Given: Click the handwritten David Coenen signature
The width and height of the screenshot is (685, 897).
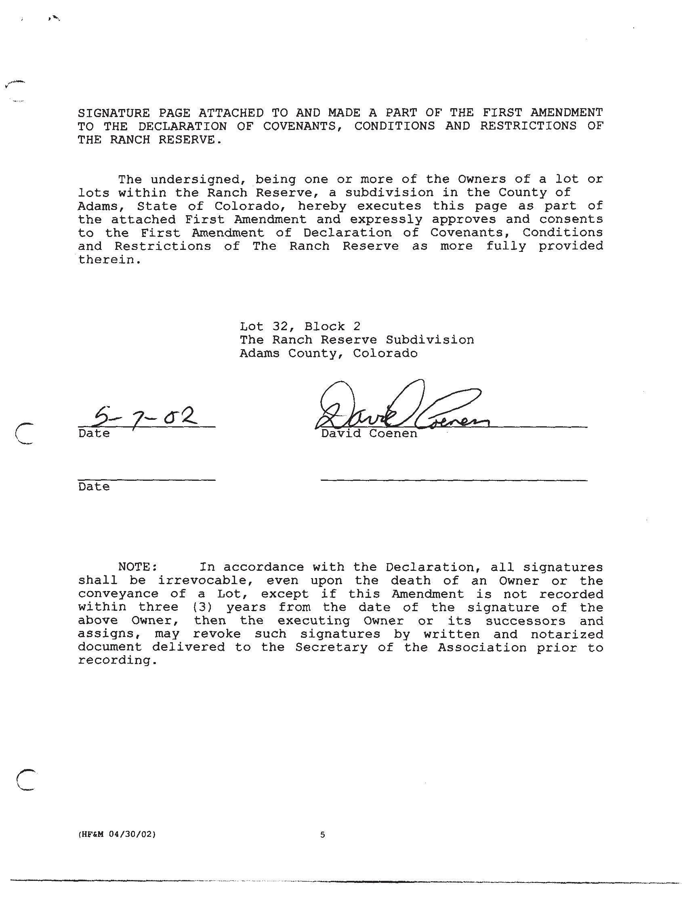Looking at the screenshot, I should pos(401,408).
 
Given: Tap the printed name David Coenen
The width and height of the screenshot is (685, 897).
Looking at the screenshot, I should pos(369,434).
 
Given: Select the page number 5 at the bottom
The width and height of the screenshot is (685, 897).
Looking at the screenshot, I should pos(323,835).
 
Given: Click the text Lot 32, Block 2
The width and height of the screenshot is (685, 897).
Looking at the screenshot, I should pos(300,327).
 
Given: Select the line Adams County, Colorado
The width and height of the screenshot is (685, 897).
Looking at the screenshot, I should pos(328,353).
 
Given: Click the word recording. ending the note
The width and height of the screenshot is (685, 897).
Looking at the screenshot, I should pos(118,660).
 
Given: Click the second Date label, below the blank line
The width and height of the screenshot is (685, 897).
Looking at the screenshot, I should pos(94,487).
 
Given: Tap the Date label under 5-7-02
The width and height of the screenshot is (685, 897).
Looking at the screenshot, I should pos(94,434).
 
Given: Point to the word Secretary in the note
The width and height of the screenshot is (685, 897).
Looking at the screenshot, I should pos(331,648).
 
